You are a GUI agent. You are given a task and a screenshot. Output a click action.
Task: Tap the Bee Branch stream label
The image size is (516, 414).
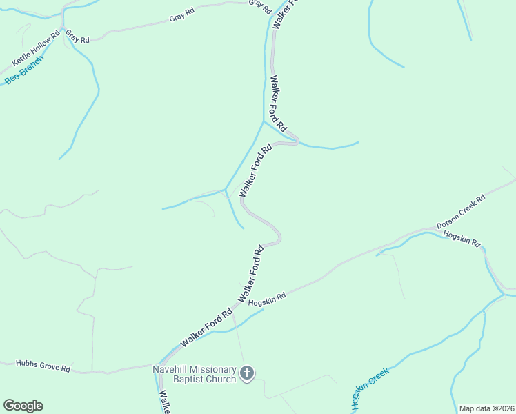coord(24,70)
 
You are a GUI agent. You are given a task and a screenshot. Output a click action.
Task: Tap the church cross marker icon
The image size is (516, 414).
coord(247,374)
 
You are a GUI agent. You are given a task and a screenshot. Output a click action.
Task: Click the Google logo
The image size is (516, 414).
coord(23,406)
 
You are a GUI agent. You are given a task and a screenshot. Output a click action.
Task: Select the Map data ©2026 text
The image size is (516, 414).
coord(486,408)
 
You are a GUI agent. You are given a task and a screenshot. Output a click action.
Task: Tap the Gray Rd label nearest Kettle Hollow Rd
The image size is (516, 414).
coord(78,37)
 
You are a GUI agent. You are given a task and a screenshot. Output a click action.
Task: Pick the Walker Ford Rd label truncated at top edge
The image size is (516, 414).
coord(281,12)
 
